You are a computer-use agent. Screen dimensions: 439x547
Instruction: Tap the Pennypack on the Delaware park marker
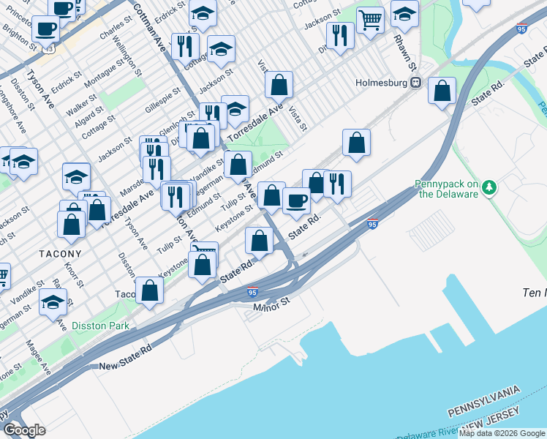(x=488, y=188)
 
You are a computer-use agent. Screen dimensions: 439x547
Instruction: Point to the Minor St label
(x=271, y=308)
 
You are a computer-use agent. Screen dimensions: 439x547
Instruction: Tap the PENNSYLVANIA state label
(x=485, y=394)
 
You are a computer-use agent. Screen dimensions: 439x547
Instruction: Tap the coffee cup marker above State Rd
(x=296, y=200)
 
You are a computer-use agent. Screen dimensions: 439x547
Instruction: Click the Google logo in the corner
(x=23, y=429)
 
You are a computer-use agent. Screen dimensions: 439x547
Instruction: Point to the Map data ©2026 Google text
(x=502, y=433)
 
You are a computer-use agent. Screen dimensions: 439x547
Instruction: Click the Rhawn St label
(x=399, y=45)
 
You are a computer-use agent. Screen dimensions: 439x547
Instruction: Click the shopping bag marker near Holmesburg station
(x=442, y=92)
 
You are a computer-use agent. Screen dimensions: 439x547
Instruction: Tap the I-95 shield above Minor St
(x=252, y=292)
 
